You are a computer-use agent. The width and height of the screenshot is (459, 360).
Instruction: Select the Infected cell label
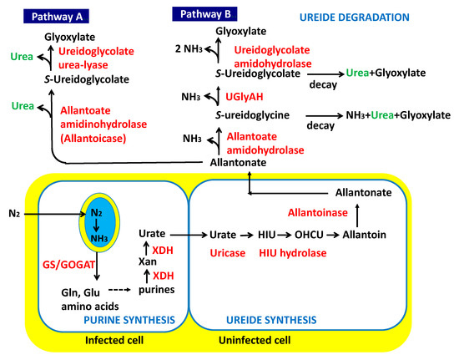[x=115, y=341]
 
